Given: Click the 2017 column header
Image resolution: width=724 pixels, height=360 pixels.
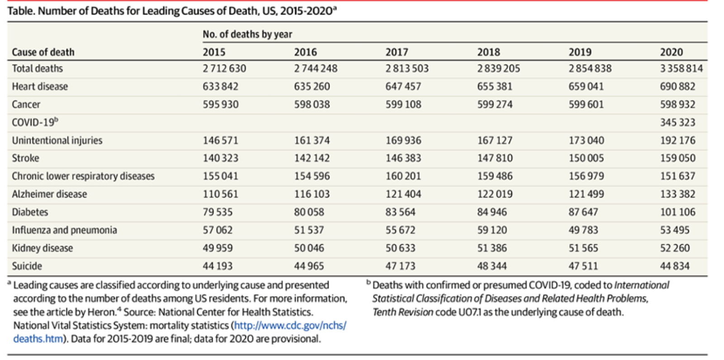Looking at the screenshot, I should click(x=396, y=52).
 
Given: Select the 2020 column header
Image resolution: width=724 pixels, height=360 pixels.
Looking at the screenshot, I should click(x=671, y=52).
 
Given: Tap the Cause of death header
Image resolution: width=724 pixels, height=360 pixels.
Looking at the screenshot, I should click(x=43, y=52).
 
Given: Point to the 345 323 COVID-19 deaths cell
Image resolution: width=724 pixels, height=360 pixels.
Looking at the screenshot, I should click(x=677, y=123).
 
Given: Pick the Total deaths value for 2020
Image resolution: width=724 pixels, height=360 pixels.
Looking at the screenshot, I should click(x=681, y=69).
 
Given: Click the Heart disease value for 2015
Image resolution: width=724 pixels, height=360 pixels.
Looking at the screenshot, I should click(x=220, y=86).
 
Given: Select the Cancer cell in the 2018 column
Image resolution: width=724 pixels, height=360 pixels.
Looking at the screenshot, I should click(x=495, y=104).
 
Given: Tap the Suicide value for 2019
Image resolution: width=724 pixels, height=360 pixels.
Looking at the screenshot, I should click(x=583, y=266).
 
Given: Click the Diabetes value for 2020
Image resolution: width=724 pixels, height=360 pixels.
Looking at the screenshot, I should click(x=677, y=212).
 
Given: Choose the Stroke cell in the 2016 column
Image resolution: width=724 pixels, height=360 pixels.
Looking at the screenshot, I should click(x=312, y=158).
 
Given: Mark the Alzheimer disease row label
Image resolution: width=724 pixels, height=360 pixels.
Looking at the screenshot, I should click(x=49, y=194).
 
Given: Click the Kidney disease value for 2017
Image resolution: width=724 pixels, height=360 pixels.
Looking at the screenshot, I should click(x=400, y=248).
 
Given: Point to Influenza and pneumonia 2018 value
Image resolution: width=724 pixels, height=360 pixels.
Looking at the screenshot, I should click(x=492, y=230).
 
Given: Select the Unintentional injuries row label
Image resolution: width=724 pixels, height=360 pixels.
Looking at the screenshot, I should click(x=57, y=140).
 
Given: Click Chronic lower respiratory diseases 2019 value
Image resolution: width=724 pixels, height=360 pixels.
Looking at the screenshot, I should click(x=586, y=176).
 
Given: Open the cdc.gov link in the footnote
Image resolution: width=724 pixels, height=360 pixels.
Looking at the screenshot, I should click(x=290, y=326).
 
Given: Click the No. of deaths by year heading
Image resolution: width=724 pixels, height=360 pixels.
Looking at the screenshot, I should click(x=247, y=34).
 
